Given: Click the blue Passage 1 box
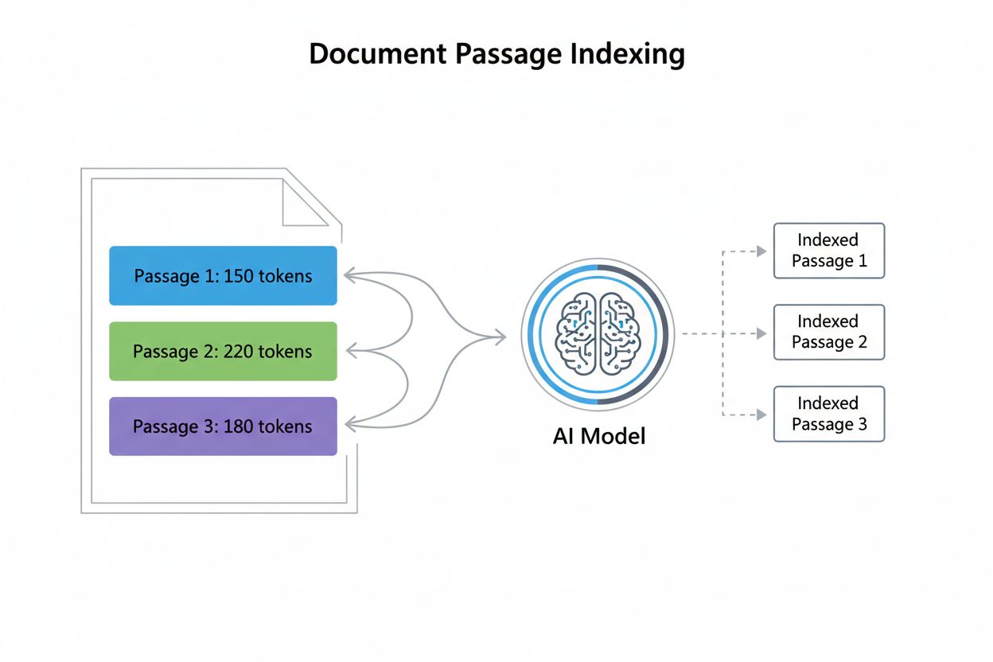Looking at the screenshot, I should click(223, 276).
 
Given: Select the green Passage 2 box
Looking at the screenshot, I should click(223, 351).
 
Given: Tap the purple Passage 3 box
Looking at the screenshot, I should click(223, 426).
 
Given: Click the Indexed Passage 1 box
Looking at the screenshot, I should click(828, 251).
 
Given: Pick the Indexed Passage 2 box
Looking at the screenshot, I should click(828, 332).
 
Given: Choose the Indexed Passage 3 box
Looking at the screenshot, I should click(828, 414).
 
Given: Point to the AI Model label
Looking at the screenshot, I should click(598, 436).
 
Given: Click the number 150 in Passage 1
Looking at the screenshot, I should click(239, 276).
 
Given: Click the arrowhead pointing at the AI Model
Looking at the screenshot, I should click(500, 337).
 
